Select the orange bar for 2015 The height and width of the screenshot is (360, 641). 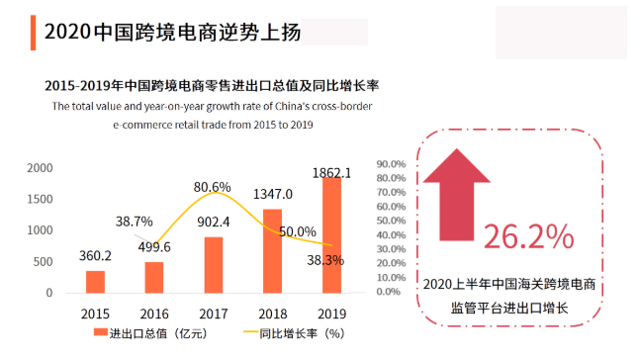point(95,282)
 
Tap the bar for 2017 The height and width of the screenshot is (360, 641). point(214,265)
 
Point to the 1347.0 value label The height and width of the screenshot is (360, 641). point(271,194)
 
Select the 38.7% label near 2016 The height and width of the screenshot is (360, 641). point(134,222)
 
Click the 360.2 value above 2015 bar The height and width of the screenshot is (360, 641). point(95,255)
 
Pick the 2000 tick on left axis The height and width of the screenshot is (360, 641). point(40,168)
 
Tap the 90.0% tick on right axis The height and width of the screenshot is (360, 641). point(392,164)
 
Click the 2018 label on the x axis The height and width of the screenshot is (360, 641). point(272,312)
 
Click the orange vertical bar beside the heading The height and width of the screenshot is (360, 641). point(35,32)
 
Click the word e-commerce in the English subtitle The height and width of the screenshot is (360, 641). point(149,126)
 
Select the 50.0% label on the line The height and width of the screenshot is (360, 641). point(297,231)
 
